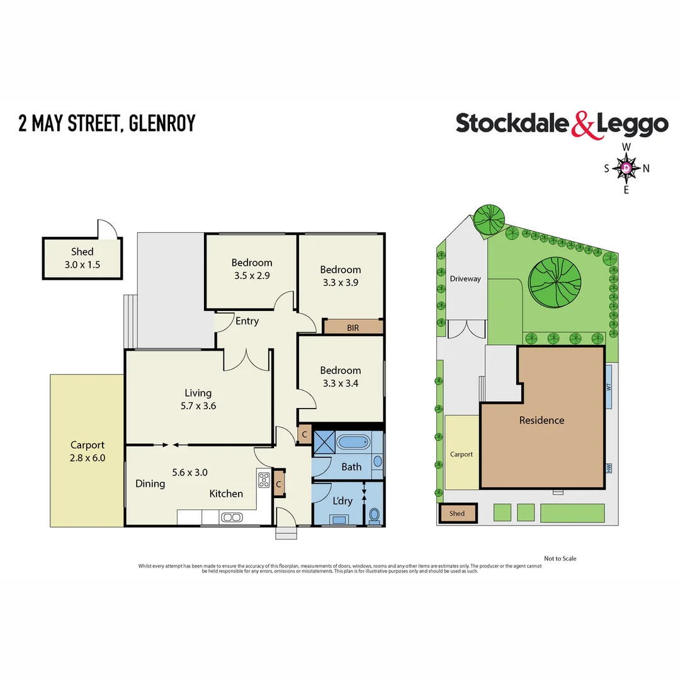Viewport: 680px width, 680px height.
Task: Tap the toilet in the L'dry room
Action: [374, 516]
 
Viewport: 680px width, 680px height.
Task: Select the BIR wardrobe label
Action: [353, 327]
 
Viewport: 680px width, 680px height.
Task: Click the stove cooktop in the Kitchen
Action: [263, 480]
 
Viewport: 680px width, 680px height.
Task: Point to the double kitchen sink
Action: [231, 518]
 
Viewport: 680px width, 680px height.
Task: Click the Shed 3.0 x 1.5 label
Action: [82, 258]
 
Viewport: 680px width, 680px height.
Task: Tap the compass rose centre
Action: [627, 168]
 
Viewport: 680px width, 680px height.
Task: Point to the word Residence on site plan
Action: [541, 420]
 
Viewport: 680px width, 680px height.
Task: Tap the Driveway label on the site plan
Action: [465, 278]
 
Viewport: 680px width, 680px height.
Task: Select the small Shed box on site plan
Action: [457, 513]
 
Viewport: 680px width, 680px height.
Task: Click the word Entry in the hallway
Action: [247, 321]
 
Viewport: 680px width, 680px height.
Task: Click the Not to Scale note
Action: [560, 558]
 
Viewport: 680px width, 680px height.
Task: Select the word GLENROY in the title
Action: [162, 123]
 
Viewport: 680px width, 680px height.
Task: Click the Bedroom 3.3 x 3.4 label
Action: [340, 377]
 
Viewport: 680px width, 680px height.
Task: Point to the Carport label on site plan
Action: [461, 454]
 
